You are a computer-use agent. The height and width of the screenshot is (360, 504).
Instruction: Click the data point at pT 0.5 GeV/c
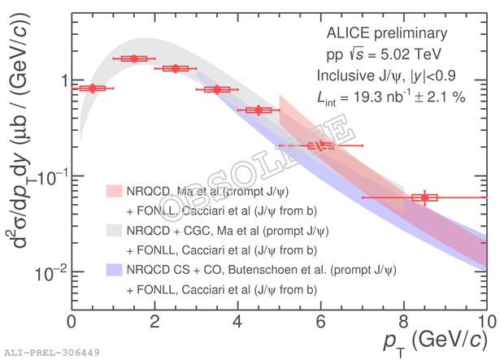(x=92, y=88)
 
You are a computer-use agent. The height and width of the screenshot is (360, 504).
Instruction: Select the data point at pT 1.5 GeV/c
(x=133, y=59)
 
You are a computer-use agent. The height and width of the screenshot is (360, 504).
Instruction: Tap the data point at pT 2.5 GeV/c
(x=175, y=68)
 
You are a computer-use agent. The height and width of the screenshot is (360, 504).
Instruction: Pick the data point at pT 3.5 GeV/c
(x=217, y=89)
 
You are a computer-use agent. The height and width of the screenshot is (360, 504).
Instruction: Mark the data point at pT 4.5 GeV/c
(x=259, y=110)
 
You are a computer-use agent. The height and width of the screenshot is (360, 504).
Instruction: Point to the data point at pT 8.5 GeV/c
(x=424, y=197)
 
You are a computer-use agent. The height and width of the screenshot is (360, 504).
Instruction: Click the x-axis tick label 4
(x=237, y=321)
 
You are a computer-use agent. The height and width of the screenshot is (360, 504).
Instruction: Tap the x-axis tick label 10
(x=485, y=321)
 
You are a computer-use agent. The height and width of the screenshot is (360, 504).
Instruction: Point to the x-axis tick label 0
(x=72, y=321)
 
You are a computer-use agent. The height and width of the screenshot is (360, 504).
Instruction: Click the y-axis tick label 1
(x=59, y=80)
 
